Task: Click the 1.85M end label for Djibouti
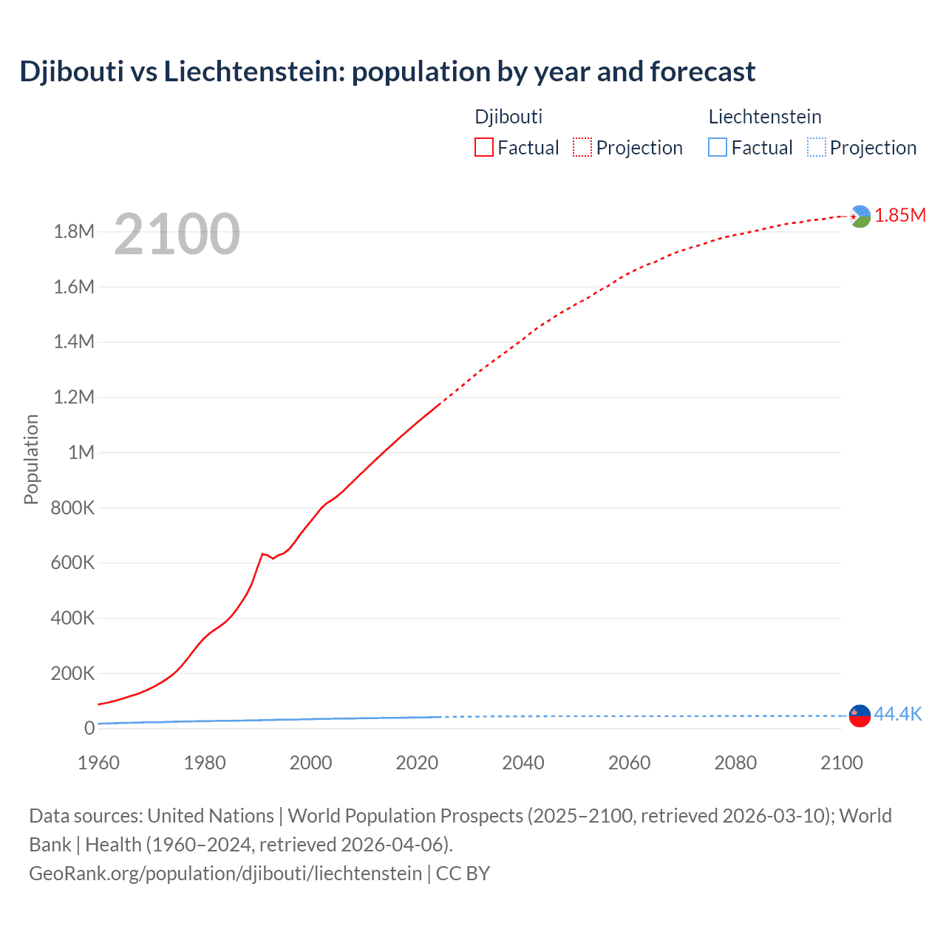900,215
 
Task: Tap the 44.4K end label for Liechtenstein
898,714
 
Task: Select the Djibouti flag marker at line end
860,217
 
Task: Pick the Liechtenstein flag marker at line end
860,715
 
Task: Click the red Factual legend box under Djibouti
484,148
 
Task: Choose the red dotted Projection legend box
582,148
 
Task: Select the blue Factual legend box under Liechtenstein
718,148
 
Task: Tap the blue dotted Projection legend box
817,148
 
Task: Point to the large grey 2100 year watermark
177,234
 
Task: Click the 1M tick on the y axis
81,452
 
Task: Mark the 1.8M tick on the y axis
74,232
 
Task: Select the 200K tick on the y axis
72,673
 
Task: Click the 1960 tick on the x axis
98,763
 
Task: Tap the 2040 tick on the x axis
523,763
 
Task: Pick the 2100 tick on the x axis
842,763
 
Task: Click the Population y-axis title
31,459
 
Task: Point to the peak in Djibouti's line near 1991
262,554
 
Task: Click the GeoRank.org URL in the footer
225,874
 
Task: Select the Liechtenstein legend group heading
765,117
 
